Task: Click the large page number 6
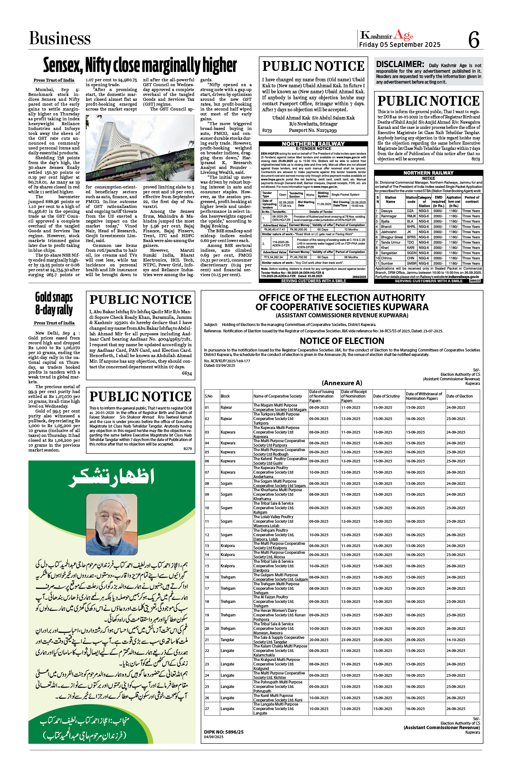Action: click(x=474, y=39)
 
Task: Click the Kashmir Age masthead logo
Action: click(x=386, y=35)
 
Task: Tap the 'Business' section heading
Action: click(x=60, y=38)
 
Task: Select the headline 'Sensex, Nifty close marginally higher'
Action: click(x=140, y=65)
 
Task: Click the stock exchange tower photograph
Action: click(x=140, y=148)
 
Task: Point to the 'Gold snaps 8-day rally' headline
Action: click(x=54, y=304)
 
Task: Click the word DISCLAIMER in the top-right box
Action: click(x=400, y=64)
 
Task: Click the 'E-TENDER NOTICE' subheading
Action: click(x=313, y=149)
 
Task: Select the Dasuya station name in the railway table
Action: click(x=387, y=211)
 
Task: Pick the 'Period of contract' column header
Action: click(x=471, y=199)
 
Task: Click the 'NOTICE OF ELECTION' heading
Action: click(x=342, y=341)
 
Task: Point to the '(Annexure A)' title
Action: click(x=342, y=383)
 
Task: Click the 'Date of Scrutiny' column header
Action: click(x=386, y=396)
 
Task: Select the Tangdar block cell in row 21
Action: click(x=227, y=640)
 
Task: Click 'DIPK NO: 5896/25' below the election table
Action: click(x=224, y=732)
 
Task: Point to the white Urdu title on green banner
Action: click(x=111, y=477)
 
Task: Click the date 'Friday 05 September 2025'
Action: click(x=400, y=45)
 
